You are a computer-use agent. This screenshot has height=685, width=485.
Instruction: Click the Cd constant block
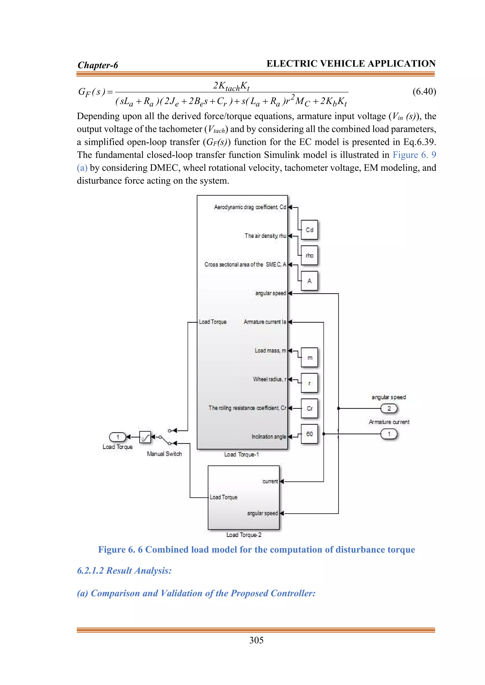[x=309, y=230]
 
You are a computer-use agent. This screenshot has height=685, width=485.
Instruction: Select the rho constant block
[x=309, y=255]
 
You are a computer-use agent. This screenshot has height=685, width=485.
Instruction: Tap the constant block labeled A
[x=309, y=281]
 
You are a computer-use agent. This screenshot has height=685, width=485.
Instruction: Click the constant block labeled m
[x=309, y=357]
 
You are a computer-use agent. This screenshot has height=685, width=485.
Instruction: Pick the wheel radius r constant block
[x=309, y=383]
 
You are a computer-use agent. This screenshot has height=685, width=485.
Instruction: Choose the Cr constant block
[x=309, y=408]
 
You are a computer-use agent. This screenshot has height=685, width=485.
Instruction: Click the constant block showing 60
[x=309, y=434]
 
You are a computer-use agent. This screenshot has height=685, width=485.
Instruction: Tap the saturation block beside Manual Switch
[x=145, y=437]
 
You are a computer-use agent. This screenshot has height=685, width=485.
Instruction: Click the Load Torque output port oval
[x=118, y=437]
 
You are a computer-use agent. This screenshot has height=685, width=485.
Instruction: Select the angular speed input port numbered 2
[x=389, y=408]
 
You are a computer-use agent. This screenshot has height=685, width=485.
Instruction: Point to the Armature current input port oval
[x=389, y=434]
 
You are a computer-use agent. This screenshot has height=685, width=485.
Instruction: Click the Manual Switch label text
[x=164, y=454]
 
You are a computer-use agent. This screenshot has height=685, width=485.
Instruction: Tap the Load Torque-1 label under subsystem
[x=241, y=454]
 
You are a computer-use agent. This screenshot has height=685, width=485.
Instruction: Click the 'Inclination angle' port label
[x=269, y=436]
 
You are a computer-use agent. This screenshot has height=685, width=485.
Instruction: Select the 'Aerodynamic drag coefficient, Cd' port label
[x=250, y=207]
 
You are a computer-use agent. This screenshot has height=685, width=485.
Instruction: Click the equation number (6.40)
[x=424, y=91]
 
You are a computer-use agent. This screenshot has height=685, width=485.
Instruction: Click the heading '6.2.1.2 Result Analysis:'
[x=124, y=571]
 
